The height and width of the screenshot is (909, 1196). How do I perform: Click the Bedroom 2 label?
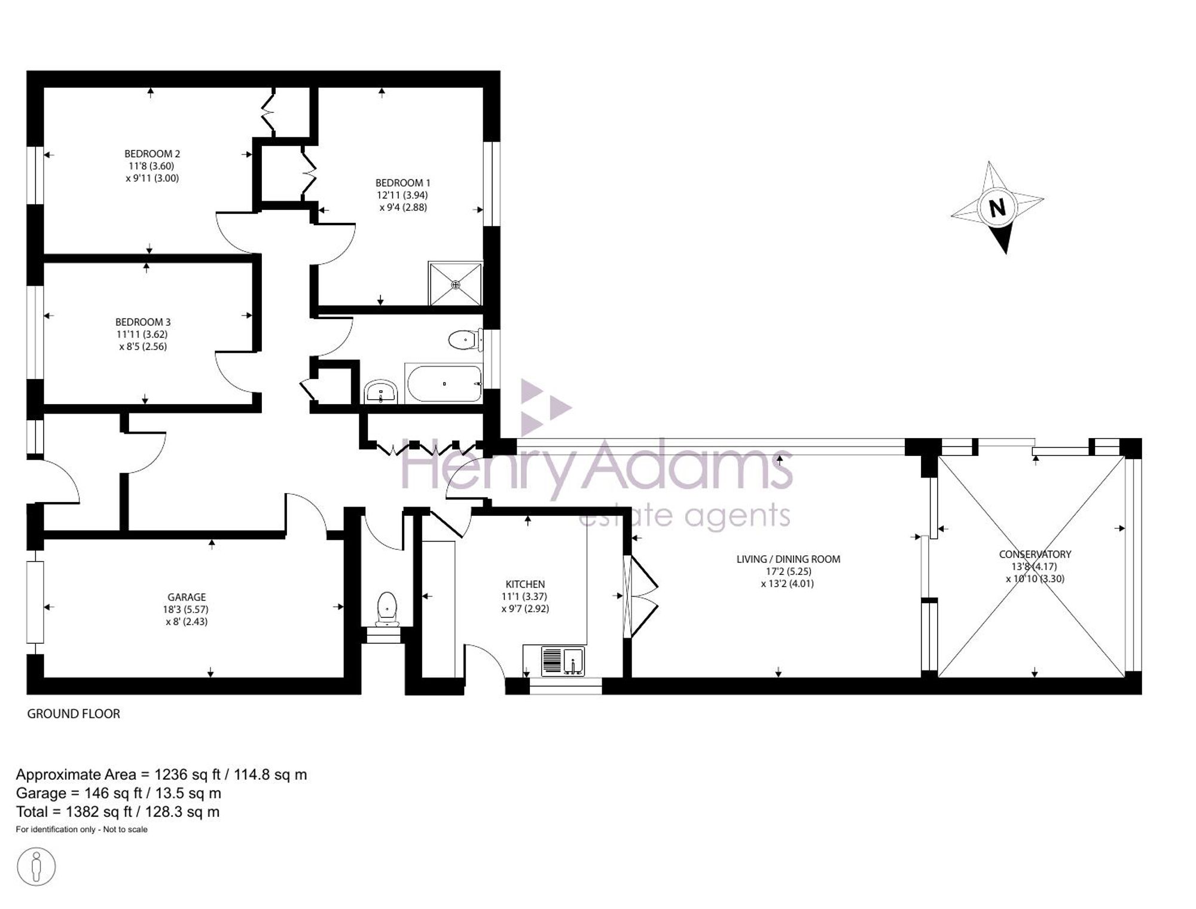(x=152, y=154)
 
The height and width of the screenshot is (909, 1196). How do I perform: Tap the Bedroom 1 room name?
(x=402, y=183)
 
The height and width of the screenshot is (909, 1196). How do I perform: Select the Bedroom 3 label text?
(x=143, y=322)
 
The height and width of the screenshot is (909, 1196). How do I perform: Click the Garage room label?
(x=187, y=597)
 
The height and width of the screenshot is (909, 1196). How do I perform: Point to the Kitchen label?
(x=525, y=584)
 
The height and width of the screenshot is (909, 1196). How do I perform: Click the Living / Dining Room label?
(x=788, y=559)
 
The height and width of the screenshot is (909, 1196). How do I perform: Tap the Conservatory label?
(x=1035, y=554)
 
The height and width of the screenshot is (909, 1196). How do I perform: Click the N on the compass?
(x=997, y=208)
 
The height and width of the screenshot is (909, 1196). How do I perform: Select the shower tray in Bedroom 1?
(x=455, y=283)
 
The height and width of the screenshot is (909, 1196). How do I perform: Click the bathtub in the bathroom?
(x=444, y=384)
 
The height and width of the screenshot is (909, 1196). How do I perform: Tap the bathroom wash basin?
(x=380, y=391)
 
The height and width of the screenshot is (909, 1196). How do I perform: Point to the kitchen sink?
(x=563, y=660)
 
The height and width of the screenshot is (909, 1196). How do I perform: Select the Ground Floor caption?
(x=74, y=714)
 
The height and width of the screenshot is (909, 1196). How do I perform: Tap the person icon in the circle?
(x=36, y=866)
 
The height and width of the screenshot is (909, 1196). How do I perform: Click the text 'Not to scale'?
(x=125, y=830)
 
